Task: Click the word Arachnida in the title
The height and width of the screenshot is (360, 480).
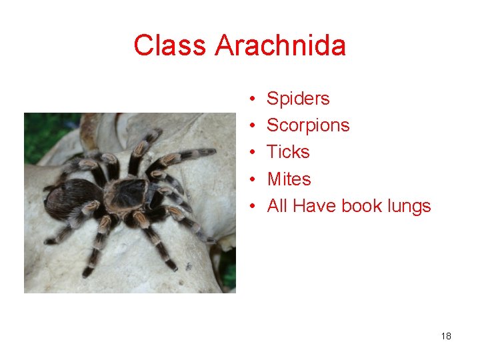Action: tap(281, 46)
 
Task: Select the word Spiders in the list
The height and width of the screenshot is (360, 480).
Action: tap(298, 99)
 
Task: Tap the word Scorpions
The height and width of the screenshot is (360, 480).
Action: tap(308, 125)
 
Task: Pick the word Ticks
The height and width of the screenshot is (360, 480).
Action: tap(288, 152)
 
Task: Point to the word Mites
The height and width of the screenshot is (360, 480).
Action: tap(289, 179)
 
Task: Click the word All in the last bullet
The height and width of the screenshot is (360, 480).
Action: tap(277, 206)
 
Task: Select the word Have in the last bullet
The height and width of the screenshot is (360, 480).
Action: tap(315, 206)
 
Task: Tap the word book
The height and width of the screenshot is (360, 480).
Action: tap(361, 206)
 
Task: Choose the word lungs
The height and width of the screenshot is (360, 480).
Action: tap(409, 207)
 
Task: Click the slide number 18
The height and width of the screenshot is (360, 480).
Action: tap(446, 336)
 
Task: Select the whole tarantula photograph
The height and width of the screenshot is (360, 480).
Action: tap(130, 203)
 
